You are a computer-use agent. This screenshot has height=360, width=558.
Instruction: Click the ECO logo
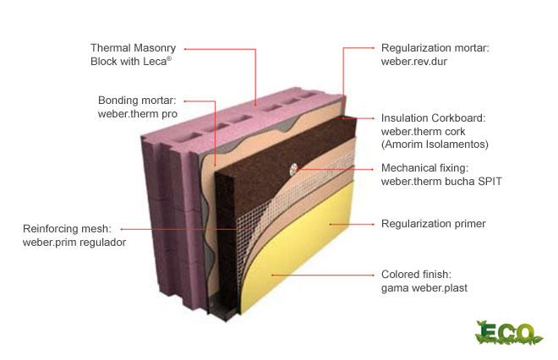point(508,331)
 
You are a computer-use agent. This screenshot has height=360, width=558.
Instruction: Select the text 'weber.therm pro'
point(139,114)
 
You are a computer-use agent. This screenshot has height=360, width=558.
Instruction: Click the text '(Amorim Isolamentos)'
point(435,145)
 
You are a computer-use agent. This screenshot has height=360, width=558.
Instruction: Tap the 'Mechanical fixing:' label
point(425,167)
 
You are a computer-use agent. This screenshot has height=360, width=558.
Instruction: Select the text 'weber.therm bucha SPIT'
point(441,181)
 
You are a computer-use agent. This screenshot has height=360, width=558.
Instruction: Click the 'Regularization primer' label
point(434,224)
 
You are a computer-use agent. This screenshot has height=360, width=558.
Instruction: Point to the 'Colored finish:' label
point(417,275)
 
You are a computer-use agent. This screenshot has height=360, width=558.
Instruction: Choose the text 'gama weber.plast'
point(424,288)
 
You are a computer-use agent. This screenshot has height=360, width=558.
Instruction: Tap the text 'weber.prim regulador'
point(74,243)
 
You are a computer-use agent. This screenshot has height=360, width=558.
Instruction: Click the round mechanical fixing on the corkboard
point(293,169)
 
